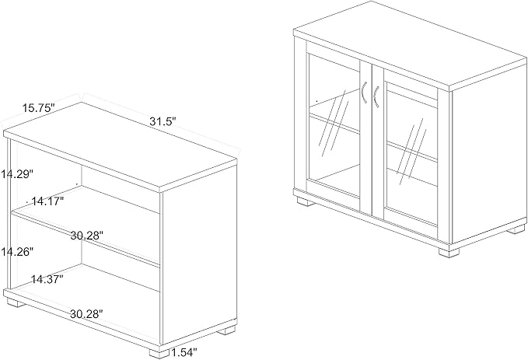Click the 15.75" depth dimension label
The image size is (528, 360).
38,108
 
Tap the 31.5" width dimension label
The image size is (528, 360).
163,121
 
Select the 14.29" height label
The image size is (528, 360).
16,174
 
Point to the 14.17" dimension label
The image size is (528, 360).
47,201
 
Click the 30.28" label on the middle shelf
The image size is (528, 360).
86,235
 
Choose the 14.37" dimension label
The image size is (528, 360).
47,279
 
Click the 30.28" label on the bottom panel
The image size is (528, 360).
86,314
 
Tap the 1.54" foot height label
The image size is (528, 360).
184,352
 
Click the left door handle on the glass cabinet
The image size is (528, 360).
363,92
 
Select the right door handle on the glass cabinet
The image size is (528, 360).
376,97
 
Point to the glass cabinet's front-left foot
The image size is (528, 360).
304,201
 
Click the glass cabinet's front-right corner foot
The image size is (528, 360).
449,253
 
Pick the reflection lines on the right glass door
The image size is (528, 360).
411,154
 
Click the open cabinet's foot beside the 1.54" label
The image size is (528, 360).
159,352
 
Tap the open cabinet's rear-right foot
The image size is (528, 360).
226,330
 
